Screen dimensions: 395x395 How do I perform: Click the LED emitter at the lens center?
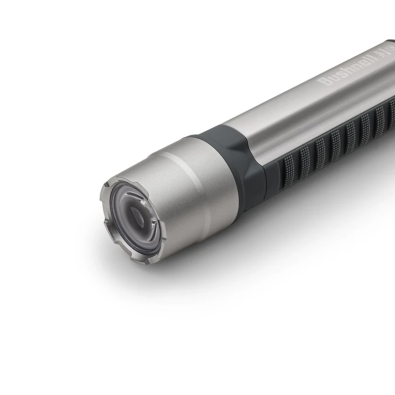135,215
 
